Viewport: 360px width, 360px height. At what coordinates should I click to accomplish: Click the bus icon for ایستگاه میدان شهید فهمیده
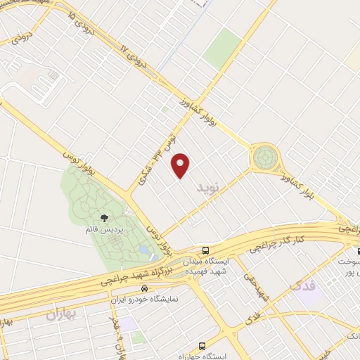[205, 250]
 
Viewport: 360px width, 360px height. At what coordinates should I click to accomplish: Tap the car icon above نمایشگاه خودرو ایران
[145, 288]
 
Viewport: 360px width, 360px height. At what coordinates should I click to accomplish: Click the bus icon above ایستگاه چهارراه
[202, 346]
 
